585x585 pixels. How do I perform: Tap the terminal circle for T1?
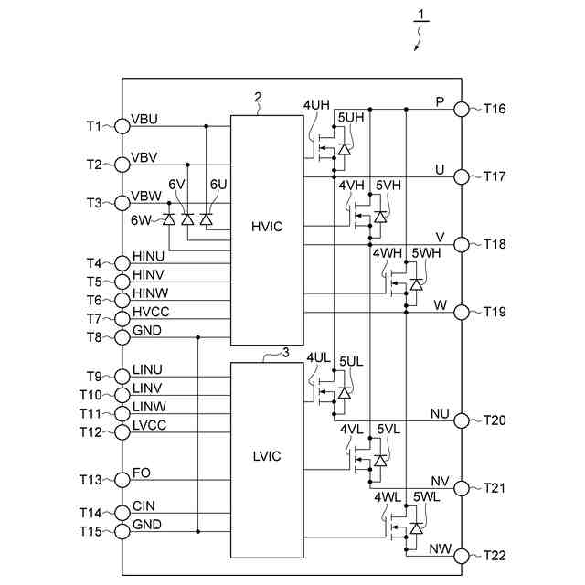coord(122,125)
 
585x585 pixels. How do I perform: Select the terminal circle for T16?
coord(462,109)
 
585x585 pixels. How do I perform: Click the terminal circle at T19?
coord(462,312)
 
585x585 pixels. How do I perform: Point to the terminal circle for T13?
coord(122,479)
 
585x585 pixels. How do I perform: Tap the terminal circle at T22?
coord(462,556)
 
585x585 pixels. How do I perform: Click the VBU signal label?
coord(145,119)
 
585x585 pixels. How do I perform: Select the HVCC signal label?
coord(151,311)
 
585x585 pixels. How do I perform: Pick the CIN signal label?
coord(144,505)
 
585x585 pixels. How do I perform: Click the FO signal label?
coord(142,473)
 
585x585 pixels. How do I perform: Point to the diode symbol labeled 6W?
coord(169,219)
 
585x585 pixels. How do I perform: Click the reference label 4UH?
coord(317,104)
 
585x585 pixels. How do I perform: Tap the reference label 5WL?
coord(427,496)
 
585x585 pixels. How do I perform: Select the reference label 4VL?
coord(351,429)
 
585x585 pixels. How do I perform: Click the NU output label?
coord(439,413)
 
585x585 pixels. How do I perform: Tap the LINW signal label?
coord(149,405)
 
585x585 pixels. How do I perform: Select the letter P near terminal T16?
coord(440,101)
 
